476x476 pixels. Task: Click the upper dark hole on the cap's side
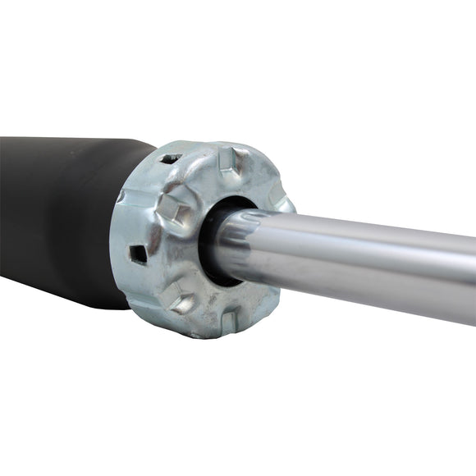click(x=167, y=158)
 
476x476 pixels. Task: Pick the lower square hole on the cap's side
click(x=139, y=254)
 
